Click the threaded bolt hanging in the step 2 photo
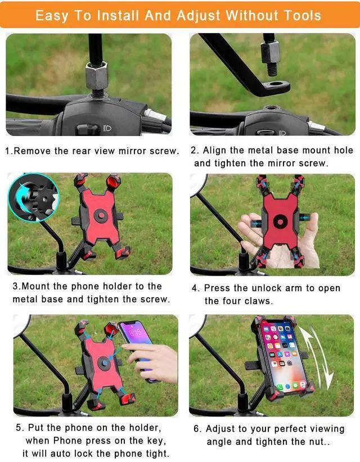(271, 57)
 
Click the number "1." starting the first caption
(8, 151)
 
